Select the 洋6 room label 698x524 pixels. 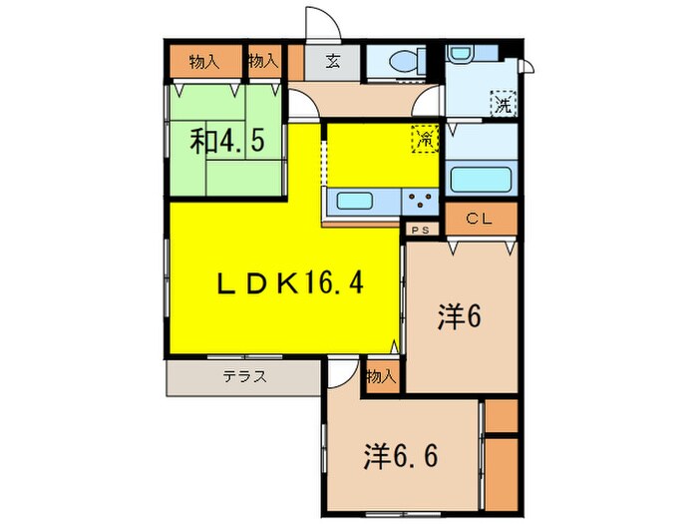click(460, 318)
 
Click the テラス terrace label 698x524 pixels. click(243, 377)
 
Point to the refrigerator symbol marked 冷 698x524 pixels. click(424, 139)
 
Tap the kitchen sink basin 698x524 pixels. click(356, 201)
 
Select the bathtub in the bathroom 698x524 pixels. click(481, 181)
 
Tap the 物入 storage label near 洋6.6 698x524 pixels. click(380, 377)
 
